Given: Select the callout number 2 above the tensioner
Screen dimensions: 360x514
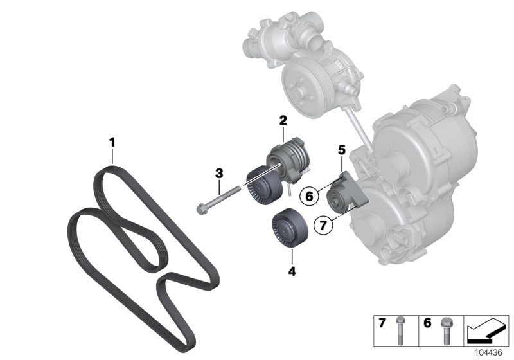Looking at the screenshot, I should point(283,120).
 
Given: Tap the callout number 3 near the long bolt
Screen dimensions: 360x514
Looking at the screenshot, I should point(219,173).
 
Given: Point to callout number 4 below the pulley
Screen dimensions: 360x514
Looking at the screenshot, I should point(292,272).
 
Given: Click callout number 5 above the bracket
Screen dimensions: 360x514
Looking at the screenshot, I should point(342,150).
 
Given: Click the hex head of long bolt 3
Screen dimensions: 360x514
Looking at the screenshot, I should point(201,209).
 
